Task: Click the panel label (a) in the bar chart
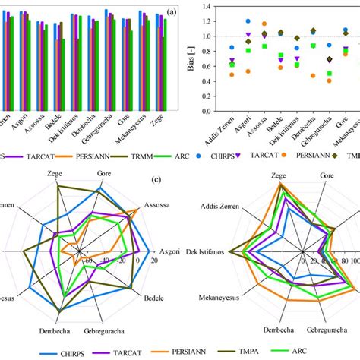pyautogui.click(x=173, y=11)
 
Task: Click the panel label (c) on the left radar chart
pyautogui.click(x=155, y=180)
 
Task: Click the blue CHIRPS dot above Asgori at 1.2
pyautogui.click(x=248, y=22)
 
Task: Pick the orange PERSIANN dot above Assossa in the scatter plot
pyautogui.click(x=264, y=24)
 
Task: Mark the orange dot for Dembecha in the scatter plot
pyautogui.click(x=313, y=76)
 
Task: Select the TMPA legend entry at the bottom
pyautogui.click(x=275, y=352)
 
